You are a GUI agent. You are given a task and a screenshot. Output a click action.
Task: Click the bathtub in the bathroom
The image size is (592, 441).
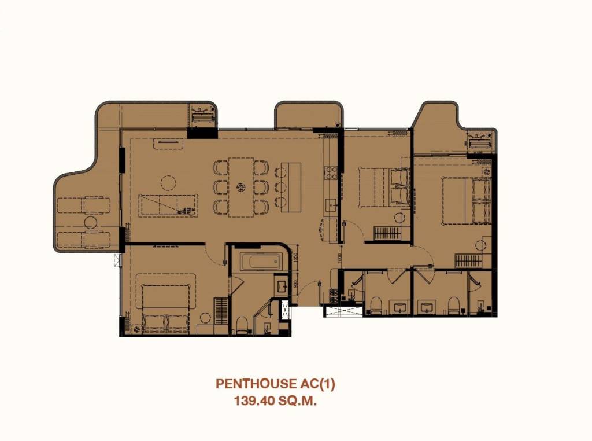(x=261, y=262)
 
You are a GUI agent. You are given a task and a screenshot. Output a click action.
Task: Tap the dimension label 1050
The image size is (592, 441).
(x=295, y=258)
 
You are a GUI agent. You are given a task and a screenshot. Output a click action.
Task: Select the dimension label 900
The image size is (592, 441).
(x=295, y=284)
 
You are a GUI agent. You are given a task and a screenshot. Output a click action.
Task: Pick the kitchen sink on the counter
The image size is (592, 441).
(x=332, y=204)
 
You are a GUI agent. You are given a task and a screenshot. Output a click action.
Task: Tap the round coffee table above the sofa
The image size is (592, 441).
(x=168, y=183)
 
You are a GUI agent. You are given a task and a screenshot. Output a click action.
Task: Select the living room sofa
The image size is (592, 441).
(x=168, y=205)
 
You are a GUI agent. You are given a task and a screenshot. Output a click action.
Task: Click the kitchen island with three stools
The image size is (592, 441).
(x=291, y=185)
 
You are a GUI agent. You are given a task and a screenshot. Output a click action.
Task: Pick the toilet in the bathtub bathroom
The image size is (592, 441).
(x=242, y=324)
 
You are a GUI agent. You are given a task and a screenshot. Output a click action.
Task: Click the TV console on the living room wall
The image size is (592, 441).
(x=167, y=141)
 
